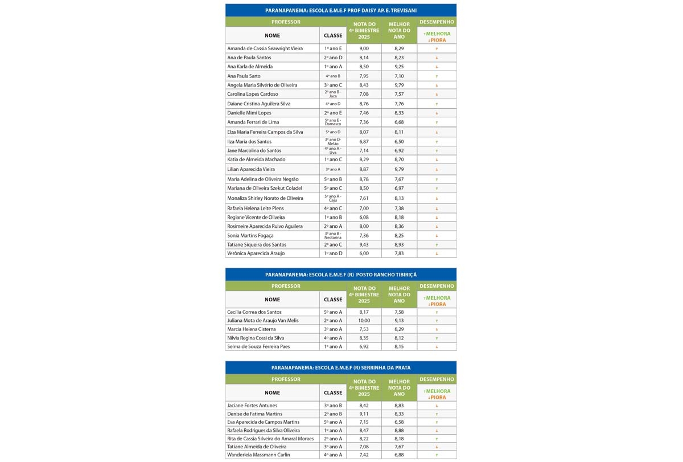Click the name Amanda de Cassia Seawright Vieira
tap(265, 48)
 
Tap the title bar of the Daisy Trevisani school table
tap(340, 11)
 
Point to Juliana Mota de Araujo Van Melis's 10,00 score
tap(362, 321)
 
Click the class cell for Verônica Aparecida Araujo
tap(333, 254)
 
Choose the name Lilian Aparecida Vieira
tap(251, 169)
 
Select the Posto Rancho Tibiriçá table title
tap(340, 275)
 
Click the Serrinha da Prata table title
tap(340, 367)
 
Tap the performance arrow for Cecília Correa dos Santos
tap(437, 312)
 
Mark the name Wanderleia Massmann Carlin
tap(258, 455)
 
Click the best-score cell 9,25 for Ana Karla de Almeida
tap(399, 67)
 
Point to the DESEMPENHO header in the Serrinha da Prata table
tap(437, 379)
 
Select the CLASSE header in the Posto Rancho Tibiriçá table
tap(333, 300)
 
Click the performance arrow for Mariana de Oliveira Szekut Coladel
tap(437, 188)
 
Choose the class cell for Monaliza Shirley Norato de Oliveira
tap(333, 198)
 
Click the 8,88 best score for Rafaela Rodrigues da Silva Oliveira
tap(399, 431)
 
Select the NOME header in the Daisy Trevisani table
tap(273, 35)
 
